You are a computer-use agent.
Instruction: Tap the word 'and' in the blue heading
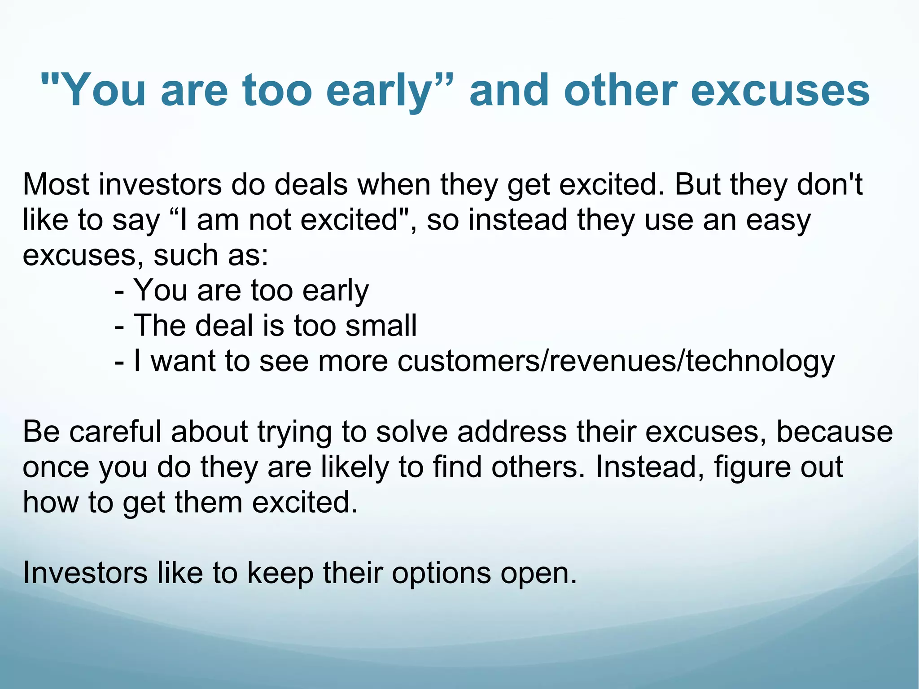point(508,91)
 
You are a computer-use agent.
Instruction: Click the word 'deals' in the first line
point(311,184)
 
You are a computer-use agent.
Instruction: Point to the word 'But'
point(697,184)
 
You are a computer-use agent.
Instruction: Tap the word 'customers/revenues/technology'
point(616,361)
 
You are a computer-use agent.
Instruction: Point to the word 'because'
point(834,432)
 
